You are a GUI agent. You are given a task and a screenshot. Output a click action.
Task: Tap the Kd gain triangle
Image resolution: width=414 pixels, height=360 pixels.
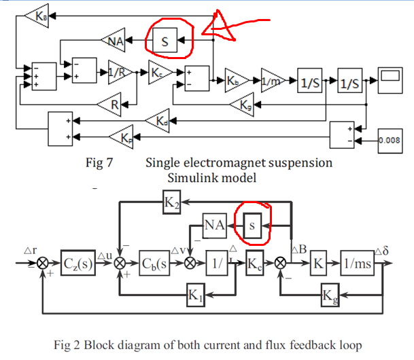(x=158, y=120)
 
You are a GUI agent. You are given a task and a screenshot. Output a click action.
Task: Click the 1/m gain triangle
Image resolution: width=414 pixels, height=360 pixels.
(x=273, y=81)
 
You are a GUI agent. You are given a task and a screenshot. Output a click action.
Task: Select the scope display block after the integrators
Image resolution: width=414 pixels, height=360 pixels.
(x=392, y=80)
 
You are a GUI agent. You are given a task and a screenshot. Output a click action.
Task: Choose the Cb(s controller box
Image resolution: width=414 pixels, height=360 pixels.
(x=155, y=262)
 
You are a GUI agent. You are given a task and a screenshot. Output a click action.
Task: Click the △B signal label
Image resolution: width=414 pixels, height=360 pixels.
(x=297, y=249)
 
